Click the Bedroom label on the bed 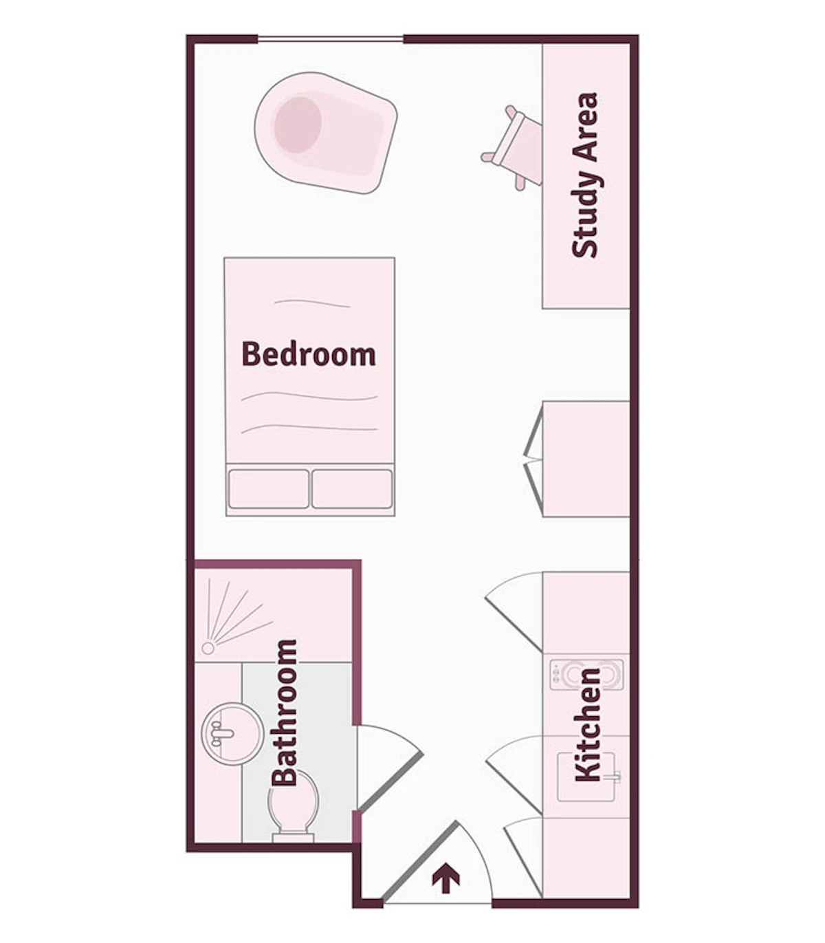click(x=309, y=354)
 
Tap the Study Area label click(x=586, y=175)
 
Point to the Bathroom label click(x=284, y=713)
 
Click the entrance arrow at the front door click(x=445, y=879)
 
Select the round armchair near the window click(x=324, y=132)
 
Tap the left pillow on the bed click(x=268, y=488)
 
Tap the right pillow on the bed click(x=352, y=488)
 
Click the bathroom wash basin click(x=232, y=733)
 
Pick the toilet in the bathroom click(x=294, y=805)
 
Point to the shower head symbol click(x=208, y=648)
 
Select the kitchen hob click(x=586, y=675)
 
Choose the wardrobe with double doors click(x=584, y=459)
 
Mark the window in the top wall click(x=330, y=39)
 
